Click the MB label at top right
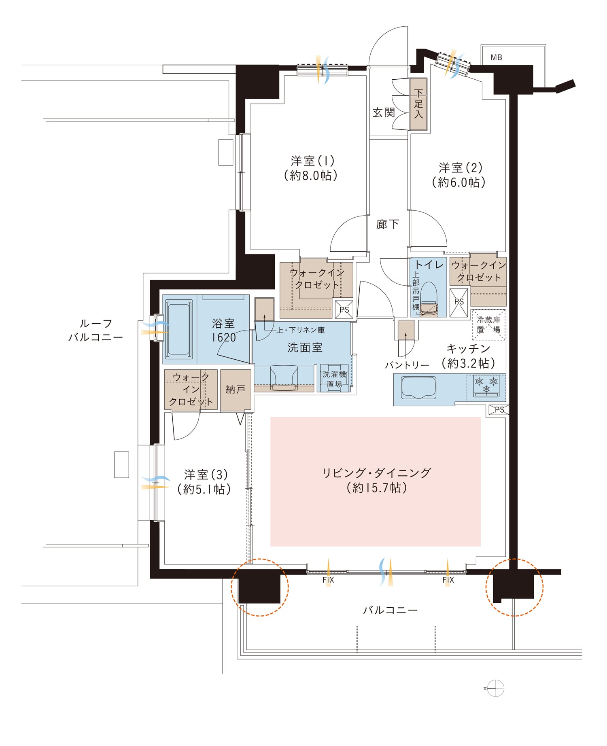496,57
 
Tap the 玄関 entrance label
384,112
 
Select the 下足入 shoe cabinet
418,104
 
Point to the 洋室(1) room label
313,161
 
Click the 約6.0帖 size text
459,182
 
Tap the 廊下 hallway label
387,224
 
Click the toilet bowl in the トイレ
429,299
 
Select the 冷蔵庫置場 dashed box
488,325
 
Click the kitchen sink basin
418,388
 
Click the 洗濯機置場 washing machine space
334,379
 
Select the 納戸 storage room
236,390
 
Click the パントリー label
407,365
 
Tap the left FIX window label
328,580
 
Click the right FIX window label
448,580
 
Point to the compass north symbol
496,688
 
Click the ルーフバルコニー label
96,330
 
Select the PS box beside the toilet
459,302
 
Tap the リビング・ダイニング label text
377,473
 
